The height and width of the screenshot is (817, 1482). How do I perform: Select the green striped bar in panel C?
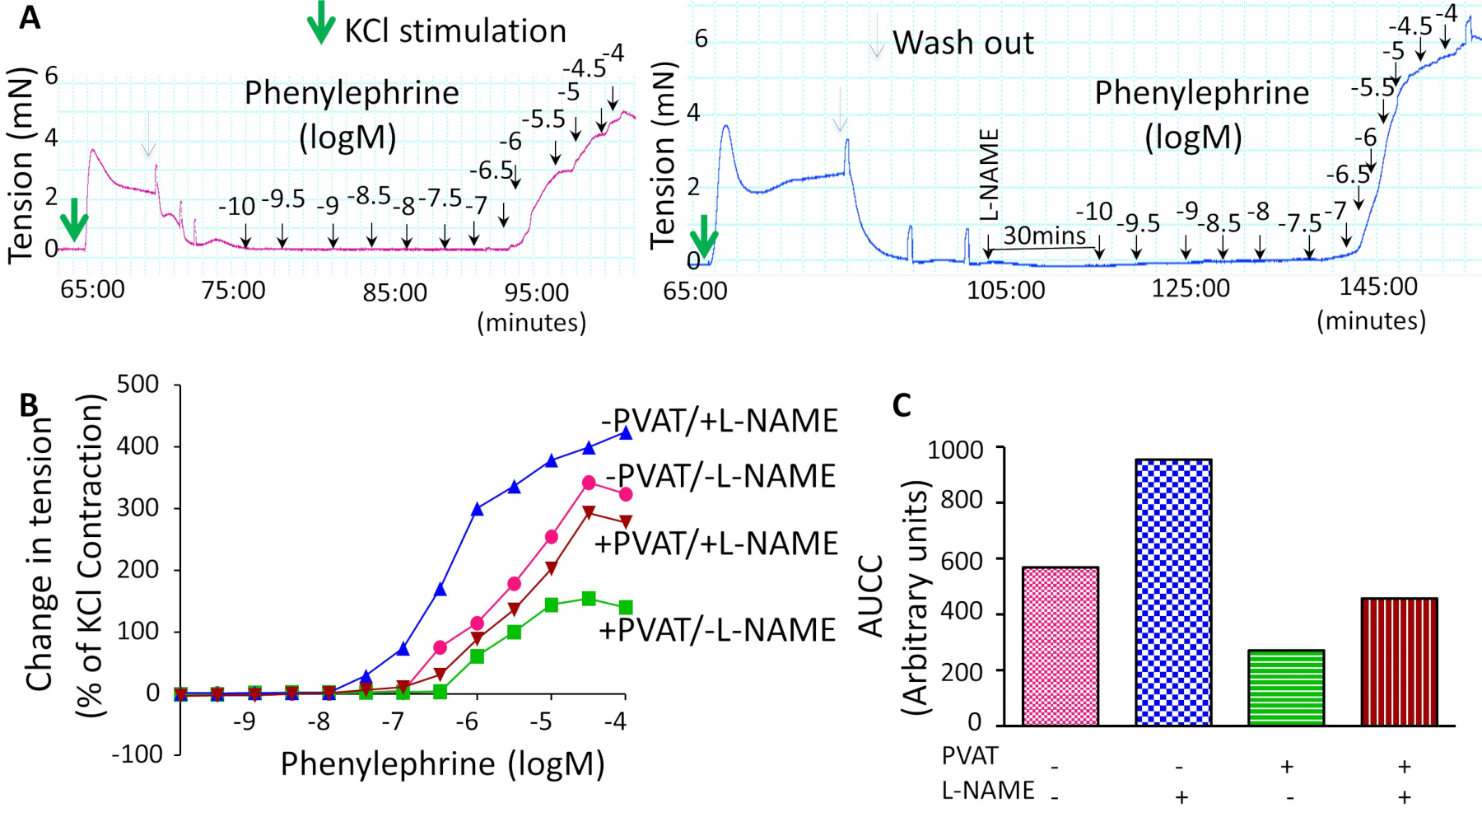(1286, 688)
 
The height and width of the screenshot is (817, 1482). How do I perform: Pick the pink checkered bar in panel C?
(1060, 646)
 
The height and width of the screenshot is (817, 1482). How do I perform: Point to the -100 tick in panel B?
(137, 754)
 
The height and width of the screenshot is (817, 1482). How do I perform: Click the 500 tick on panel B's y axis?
(137, 385)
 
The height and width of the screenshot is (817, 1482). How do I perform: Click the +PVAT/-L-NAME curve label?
(717, 630)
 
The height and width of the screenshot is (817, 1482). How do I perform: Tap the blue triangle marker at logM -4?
(625, 432)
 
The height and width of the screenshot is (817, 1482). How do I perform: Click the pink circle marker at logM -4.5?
(589, 483)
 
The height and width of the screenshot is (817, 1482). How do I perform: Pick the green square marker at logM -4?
(626, 607)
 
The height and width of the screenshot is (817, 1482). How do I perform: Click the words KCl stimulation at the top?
(455, 31)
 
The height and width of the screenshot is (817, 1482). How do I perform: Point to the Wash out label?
(962, 43)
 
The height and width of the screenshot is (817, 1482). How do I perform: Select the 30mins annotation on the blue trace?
(1044, 236)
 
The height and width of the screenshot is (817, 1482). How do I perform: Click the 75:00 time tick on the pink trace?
(234, 290)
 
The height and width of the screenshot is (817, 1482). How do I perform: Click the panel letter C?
(902, 405)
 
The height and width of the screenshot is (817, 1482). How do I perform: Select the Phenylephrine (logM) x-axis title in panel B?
(443, 764)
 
